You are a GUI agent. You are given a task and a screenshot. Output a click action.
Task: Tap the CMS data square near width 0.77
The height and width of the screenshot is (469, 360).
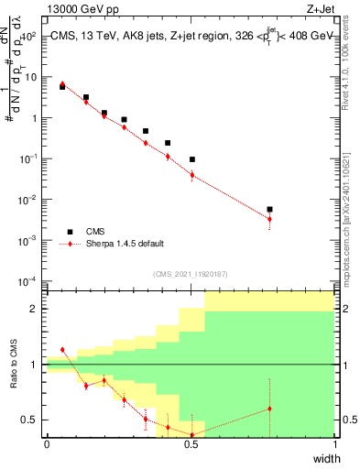(269, 210)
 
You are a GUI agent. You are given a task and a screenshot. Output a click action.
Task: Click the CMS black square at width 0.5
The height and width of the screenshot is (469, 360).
(191, 159)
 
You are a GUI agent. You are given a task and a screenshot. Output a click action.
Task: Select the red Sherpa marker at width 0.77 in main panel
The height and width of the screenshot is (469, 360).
(269, 219)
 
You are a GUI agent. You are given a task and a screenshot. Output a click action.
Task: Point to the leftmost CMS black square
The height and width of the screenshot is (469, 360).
(62, 87)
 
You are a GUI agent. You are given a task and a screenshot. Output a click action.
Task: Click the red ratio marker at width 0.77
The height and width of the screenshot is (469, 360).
(269, 409)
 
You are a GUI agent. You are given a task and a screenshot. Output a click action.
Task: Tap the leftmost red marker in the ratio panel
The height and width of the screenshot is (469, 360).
(62, 350)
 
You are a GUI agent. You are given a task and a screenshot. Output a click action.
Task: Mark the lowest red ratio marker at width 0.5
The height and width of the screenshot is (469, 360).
(191, 434)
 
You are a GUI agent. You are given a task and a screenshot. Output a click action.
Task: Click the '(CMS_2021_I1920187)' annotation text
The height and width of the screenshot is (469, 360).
(189, 273)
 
